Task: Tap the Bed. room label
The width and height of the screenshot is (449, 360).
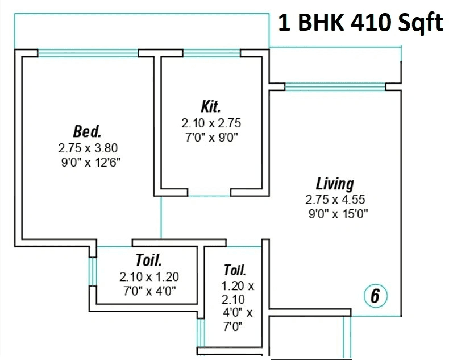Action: click(x=88, y=131)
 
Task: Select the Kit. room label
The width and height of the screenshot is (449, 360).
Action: click(x=210, y=106)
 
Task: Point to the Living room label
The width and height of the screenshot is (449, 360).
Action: click(x=335, y=184)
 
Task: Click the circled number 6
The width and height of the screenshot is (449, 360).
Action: click(x=375, y=296)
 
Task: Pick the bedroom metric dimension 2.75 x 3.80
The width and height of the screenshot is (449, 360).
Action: click(x=88, y=147)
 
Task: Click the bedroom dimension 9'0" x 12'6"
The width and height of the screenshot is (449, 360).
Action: click(x=88, y=161)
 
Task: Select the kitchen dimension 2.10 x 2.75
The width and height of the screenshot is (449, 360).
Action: click(x=211, y=122)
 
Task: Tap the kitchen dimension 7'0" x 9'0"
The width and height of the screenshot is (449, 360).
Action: click(x=210, y=136)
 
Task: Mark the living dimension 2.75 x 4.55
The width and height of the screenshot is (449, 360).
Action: click(x=335, y=200)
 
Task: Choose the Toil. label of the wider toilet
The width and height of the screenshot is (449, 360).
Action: click(x=149, y=260)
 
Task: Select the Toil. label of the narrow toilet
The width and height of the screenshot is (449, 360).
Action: click(x=235, y=270)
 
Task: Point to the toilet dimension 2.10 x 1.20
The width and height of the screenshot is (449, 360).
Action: click(x=149, y=277)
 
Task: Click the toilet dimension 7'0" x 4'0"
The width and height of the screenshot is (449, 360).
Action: click(x=149, y=291)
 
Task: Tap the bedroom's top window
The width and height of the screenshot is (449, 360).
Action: click(x=88, y=53)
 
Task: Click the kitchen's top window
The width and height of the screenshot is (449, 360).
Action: click(x=211, y=53)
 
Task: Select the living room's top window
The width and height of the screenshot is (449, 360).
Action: click(x=335, y=86)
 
